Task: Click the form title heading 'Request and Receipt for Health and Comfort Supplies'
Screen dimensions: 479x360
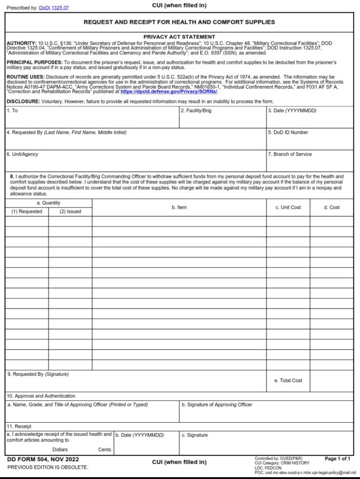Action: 179,22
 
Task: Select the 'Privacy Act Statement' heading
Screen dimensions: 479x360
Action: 179,37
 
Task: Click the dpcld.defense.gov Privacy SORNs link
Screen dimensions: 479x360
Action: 169,92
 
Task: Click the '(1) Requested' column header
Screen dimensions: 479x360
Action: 27,212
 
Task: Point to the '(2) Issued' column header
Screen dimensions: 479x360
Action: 70,212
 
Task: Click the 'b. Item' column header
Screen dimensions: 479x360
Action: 179,207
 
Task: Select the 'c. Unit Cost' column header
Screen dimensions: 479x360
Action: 288,207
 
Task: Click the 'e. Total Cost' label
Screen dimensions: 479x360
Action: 288,380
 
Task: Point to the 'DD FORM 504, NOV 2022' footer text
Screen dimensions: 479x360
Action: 43,459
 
